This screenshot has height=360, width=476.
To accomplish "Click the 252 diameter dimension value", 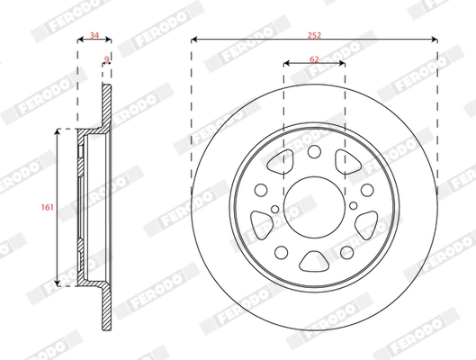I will (x=314, y=34).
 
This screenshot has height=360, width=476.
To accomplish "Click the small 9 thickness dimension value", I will (x=107, y=58).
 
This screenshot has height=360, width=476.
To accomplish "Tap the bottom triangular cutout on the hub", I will (x=314, y=262).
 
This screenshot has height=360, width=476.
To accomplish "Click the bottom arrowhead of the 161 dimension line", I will (x=59, y=283).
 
